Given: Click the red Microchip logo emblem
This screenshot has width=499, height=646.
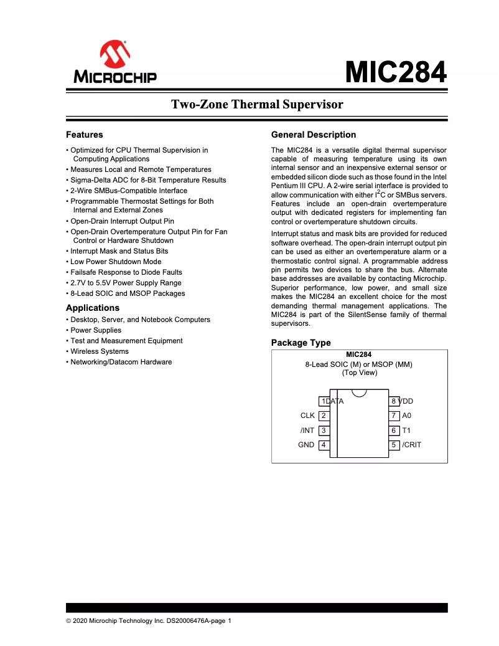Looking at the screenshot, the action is click(x=114, y=55).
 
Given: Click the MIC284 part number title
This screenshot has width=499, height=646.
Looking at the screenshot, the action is click(x=396, y=72).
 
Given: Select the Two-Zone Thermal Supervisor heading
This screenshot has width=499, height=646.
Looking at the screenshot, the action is click(x=257, y=104).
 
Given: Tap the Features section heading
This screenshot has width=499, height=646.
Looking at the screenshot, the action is click(x=85, y=135).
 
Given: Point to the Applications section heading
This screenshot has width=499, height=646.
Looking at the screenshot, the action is click(x=93, y=308).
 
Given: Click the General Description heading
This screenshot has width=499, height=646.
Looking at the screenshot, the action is click(x=314, y=135).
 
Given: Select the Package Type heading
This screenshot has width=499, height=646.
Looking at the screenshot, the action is click(x=301, y=343).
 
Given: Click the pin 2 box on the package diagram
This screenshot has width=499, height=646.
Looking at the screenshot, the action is click(x=324, y=416).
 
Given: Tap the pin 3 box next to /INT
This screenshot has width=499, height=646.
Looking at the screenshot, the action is click(x=324, y=430).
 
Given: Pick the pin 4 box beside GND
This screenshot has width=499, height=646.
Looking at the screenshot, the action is click(x=324, y=445).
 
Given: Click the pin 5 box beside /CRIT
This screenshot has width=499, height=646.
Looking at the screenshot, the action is click(x=394, y=445).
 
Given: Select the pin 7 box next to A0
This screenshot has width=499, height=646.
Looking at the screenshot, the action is click(x=394, y=416).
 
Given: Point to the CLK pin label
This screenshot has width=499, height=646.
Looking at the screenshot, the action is click(x=307, y=416).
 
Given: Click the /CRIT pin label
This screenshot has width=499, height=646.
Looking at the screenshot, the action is click(x=412, y=445).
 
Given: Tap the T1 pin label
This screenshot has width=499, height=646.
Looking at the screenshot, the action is click(x=406, y=430).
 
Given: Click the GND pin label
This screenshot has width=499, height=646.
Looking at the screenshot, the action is click(x=306, y=445).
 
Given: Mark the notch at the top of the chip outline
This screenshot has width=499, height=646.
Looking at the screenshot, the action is click(x=358, y=392).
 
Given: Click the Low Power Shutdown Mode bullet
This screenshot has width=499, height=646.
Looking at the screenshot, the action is click(x=116, y=262).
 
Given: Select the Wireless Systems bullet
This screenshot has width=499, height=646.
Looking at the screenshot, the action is click(x=100, y=351).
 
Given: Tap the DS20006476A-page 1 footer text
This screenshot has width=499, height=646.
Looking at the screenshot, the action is click(x=198, y=620).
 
